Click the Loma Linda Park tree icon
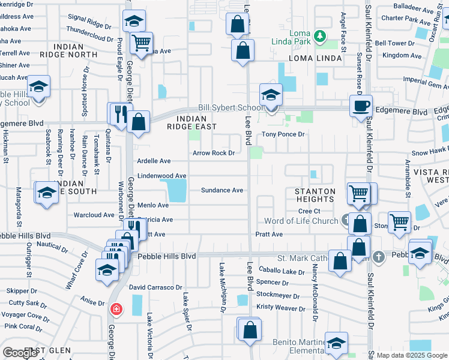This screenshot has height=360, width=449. click(321, 37)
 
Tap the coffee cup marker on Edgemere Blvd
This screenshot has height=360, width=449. click(361, 107)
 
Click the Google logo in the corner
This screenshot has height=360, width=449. click(20, 353)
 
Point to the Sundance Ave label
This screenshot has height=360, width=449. click(221, 190)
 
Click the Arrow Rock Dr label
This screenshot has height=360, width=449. click(213, 153)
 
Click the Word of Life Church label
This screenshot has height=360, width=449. click(301, 221)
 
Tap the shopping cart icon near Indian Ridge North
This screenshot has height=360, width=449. click(141, 43)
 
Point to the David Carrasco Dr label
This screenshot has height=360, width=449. click(155, 288)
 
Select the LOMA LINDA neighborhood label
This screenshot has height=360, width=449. click(315, 59)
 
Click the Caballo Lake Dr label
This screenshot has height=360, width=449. click(282, 271)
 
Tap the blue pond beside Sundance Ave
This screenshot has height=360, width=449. click(176, 190)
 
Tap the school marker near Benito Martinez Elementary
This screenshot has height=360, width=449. click(336, 344)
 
